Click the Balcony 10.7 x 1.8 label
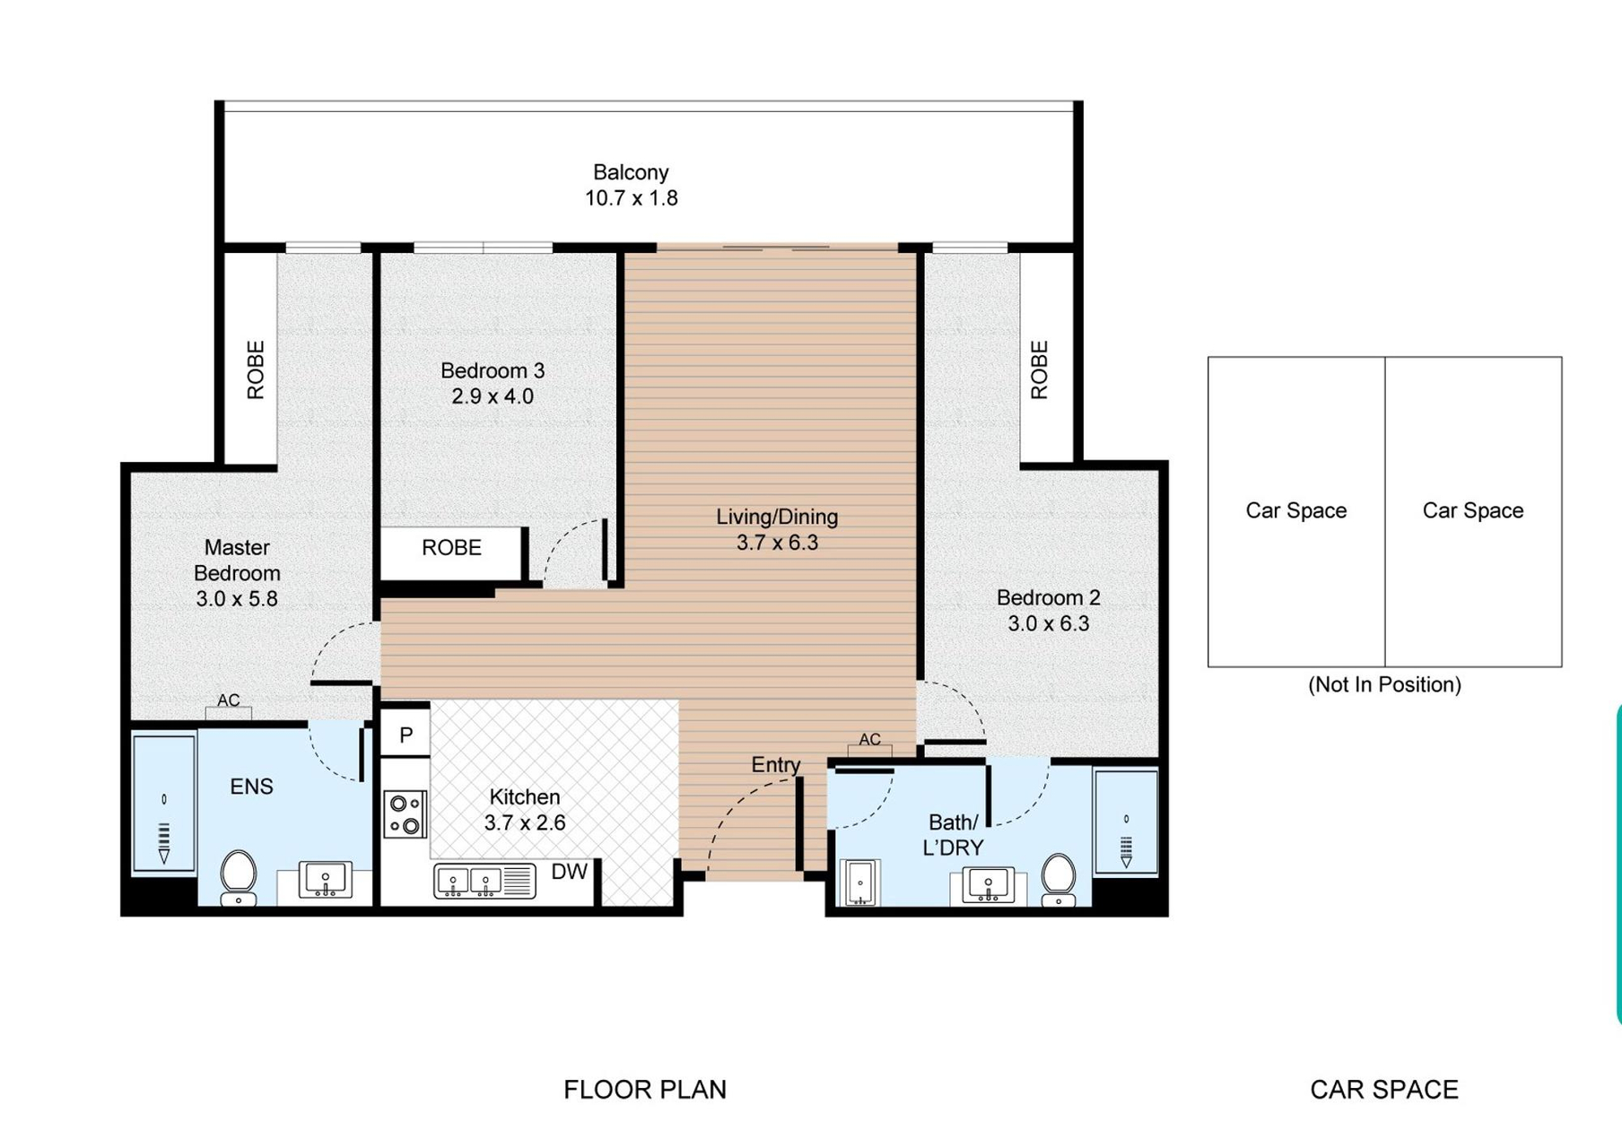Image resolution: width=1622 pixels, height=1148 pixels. point(632,186)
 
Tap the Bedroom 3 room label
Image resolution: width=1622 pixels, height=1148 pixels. point(493,383)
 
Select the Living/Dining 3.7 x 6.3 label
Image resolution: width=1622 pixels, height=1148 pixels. point(777,529)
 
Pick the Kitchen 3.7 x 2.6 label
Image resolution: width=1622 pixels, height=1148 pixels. point(525,809)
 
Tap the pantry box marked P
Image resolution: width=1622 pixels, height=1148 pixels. point(405,735)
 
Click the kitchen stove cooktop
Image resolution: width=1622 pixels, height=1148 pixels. point(405,814)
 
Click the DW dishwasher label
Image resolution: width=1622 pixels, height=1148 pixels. point(569,872)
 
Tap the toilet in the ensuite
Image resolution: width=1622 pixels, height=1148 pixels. point(239,877)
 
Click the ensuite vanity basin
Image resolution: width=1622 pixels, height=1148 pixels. point(326,879)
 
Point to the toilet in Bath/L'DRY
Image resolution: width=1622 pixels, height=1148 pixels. point(1059,879)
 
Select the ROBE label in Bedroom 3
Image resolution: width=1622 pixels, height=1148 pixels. point(451,547)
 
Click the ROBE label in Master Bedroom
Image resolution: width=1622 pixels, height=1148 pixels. point(256,370)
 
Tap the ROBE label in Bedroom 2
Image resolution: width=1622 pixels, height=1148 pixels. point(1039,370)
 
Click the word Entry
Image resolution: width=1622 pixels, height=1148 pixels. point(776,764)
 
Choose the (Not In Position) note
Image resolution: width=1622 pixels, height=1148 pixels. point(1384,684)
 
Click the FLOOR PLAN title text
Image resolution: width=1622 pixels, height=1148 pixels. point(645,1089)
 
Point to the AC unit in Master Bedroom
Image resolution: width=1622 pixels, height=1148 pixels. point(229,713)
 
